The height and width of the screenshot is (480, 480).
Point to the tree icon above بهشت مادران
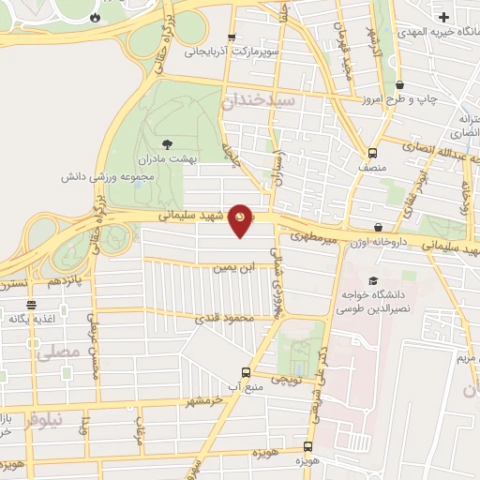click(x=168, y=143)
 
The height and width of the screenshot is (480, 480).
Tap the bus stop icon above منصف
click(x=373, y=154)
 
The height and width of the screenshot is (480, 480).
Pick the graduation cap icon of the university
click(x=373, y=280)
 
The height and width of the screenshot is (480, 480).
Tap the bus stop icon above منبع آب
click(x=246, y=371)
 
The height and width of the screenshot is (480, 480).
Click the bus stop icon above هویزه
click(x=307, y=446)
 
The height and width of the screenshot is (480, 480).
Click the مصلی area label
click(x=54, y=352)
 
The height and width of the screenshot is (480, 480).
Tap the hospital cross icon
click(x=442, y=16)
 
